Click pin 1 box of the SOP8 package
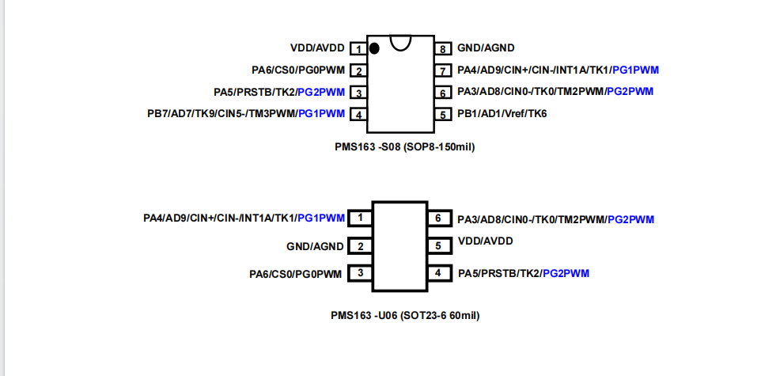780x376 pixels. pyautogui.click(x=358, y=49)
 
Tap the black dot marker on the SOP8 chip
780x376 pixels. pyautogui.click(x=374, y=48)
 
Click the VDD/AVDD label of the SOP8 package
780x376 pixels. pyautogui.click(x=318, y=48)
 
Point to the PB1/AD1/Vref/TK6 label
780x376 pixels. pyautogui.click(x=502, y=114)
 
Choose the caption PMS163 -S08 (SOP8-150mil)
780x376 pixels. pyautogui.click(x=405, y=146)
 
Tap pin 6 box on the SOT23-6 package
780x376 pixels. pyautogui.click(x=437, y=218)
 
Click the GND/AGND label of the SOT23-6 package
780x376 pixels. pyautogui.click(x=315, y=246)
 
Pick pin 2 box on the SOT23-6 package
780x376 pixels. pyautogui.click(x=360, y=246)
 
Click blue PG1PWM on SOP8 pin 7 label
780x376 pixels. pyautogui.click(x=636, y=70)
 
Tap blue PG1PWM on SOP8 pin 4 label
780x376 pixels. pyautogui.click(x=321, y=114)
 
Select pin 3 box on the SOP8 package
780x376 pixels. pyautogui.click(x=358, y=93)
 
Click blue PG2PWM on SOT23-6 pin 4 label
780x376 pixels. pyautogui.click(x=566, y=274)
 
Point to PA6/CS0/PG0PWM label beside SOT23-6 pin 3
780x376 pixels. pyautogui.click(x=296, y=275)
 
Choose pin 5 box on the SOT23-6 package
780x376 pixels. pyautogui.click(x=437, y=246)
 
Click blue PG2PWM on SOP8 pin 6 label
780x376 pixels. pyautogui.click(x=630, y=92)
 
